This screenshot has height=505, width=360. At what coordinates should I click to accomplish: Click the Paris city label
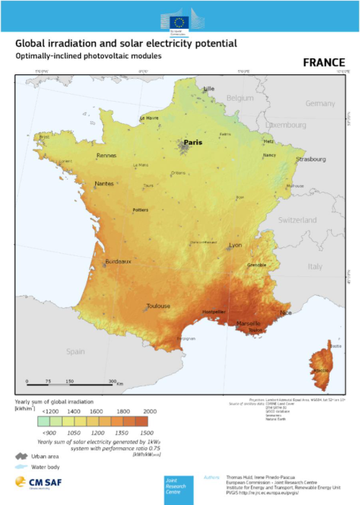[193, 143]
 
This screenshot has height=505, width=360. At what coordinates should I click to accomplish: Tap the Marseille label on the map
[249, 324]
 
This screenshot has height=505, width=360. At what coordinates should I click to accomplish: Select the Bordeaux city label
[118, 260]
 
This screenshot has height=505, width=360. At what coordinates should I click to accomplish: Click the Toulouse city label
[158, 306]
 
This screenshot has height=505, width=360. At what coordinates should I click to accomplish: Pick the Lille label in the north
[210, 89]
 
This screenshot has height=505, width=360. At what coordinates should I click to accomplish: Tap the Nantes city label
[105, 185]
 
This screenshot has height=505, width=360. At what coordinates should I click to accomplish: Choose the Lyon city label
[235, 246]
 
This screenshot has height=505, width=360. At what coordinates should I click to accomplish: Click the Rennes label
[107, 155]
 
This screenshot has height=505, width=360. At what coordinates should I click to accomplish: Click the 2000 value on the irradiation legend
[149, 410]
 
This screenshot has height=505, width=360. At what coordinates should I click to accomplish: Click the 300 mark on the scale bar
[113, 381]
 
